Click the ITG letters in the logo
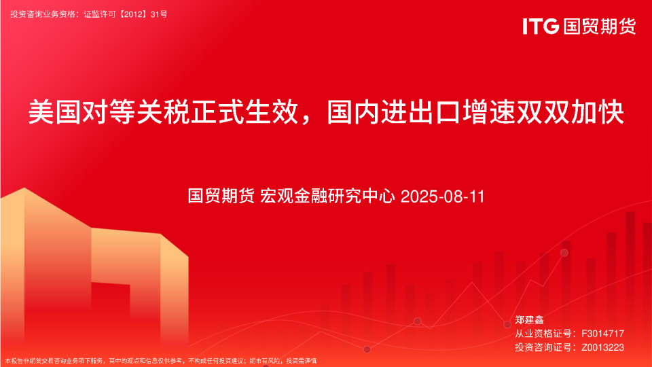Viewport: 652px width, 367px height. [541, 27]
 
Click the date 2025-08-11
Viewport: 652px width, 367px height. [442, 197]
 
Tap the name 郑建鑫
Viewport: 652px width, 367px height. [530, 319]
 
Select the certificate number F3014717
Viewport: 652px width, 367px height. [599, 334]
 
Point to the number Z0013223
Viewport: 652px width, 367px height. [599, 347]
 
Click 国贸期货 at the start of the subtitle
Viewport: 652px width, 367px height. [221, 197]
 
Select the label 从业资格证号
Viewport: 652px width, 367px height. [540, 334]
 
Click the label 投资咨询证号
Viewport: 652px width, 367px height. [540, 347]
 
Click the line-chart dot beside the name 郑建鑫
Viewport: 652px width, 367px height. [507, 325]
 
